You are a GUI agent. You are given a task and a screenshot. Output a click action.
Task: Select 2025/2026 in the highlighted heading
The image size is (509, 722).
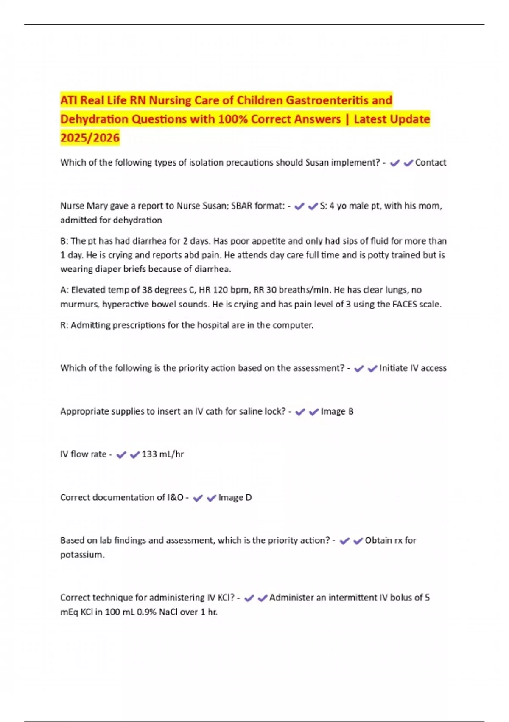90,138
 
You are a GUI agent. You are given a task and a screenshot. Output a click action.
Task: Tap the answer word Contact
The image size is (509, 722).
431,163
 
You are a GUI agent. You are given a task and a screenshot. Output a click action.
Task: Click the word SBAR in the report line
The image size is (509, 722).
242,206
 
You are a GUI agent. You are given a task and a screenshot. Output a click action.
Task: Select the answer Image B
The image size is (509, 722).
337,412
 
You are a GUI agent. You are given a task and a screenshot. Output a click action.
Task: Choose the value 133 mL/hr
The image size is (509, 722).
162,454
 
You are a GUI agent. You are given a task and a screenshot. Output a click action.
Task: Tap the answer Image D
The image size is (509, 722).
235,498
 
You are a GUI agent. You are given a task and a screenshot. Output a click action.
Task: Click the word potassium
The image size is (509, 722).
81,555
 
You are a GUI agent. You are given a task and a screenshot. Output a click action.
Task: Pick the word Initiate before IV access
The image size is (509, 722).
393,368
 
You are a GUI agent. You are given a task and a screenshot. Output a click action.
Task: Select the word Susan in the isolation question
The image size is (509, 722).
317,163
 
